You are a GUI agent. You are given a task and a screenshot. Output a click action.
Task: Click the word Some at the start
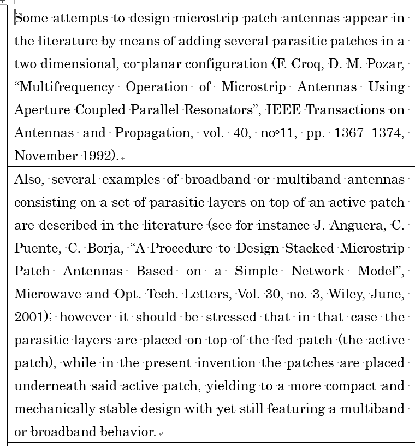tap(31, 18)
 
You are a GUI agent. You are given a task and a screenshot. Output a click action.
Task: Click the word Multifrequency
tap(65, 87)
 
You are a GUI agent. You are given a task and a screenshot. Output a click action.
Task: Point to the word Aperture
tap(42, 110)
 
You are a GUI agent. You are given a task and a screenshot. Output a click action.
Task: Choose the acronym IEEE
tap(283, 110)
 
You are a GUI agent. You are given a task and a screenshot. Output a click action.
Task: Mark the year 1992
tap(99, 156)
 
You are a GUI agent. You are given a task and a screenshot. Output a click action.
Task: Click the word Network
tap(318, 271)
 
